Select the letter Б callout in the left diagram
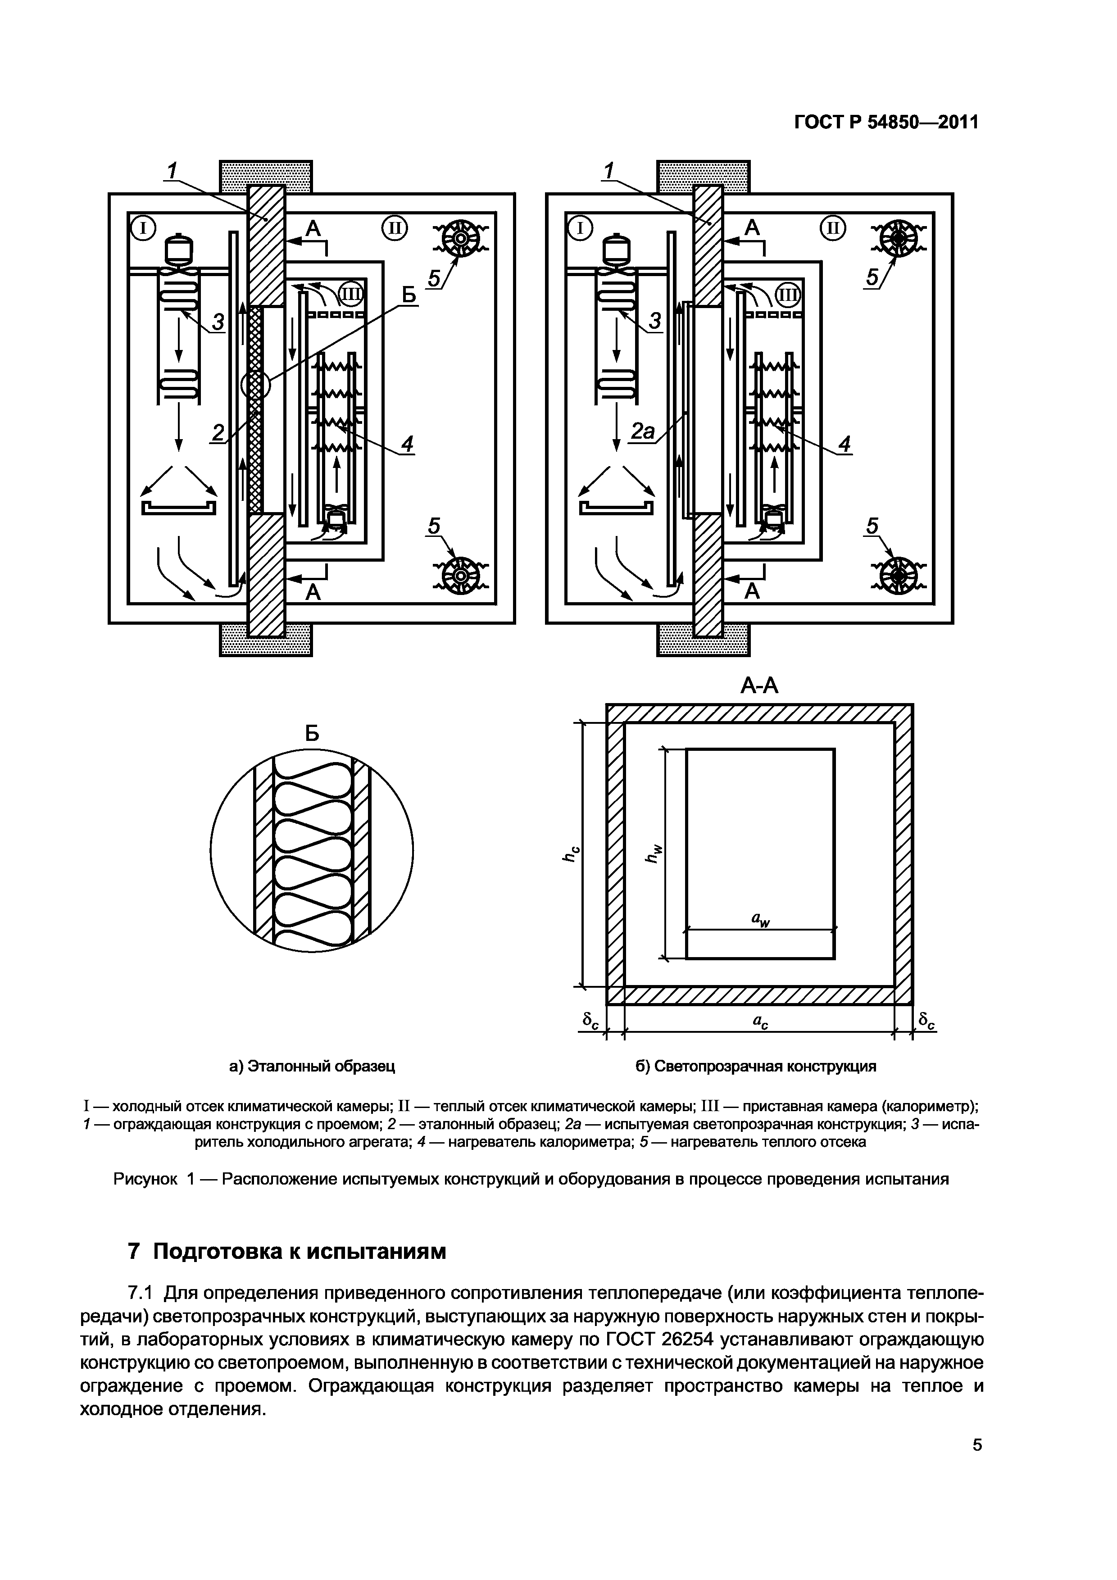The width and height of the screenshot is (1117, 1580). click(x=409, y=295)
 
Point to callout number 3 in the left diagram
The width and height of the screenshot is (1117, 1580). click(x=218, y=322)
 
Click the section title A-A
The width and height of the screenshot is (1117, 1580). click(x=759, y=686)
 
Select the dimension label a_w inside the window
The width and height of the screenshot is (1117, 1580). click(x=760, y=919)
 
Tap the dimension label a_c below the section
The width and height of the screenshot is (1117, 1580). click(x=760, y=1023)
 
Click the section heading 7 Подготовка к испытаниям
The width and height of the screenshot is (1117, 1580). click(x=287, y=1252)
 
